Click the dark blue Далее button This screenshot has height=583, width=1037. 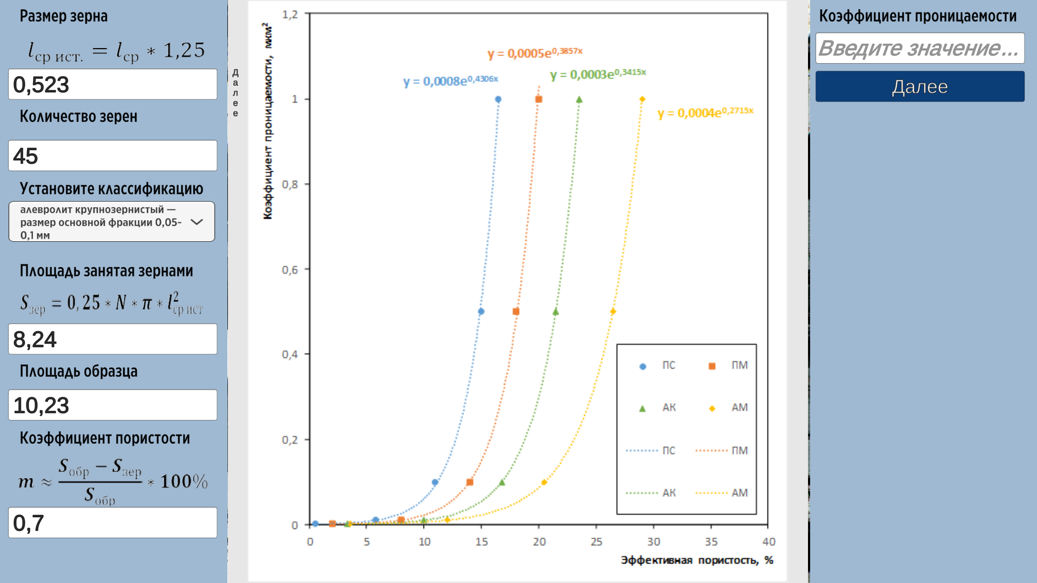pos(920,86)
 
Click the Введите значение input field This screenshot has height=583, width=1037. pos(920,48)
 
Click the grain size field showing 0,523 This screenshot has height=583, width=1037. pos(112,84)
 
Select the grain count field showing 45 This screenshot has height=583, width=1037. pos(112,155)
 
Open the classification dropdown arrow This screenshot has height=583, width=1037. pos(197,222)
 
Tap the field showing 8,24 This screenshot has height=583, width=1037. pos(112,339)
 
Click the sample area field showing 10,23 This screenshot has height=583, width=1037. pos(112,405)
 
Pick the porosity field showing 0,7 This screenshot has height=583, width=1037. pos(112,523)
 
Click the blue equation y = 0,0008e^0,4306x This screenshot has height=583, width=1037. pos(450,81)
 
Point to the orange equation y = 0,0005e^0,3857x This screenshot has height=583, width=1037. pos(535,53)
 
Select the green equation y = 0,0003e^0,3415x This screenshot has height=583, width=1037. pos(598,74)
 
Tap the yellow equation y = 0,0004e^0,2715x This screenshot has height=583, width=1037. pos(705,112)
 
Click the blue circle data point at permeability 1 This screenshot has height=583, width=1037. pos(498,99)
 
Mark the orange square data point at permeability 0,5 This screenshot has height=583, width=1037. pos(516,311)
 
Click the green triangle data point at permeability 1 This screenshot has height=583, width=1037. pos(579,99)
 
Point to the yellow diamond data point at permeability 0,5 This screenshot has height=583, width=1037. pos(613,311)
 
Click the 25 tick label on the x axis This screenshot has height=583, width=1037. pos(596,541)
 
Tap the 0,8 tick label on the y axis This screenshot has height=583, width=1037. pos(290,185)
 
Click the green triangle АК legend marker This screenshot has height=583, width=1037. pos(642,409)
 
